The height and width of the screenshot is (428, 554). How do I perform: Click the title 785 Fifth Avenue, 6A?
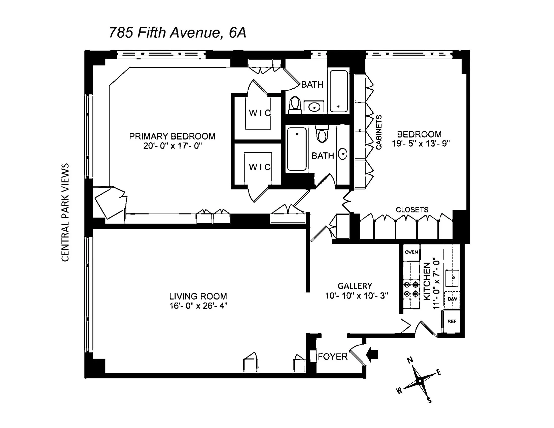177,33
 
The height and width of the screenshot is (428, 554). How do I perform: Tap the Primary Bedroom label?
172,136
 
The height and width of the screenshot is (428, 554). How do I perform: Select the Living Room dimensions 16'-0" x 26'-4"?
198,306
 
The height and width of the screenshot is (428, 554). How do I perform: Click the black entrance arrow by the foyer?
372,354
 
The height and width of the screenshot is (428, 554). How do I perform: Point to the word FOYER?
333,357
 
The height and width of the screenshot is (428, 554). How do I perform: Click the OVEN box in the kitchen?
411,252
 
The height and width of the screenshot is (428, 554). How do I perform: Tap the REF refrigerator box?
452,322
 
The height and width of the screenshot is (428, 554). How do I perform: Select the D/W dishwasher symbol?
452,299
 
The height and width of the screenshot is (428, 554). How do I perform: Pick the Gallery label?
355,286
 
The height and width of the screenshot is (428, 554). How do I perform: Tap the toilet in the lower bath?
322,134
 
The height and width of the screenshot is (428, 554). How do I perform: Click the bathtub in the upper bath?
339,91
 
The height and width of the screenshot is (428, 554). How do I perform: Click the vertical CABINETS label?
378,132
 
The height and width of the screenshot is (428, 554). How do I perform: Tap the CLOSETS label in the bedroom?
412,210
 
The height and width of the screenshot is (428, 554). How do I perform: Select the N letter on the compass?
410,360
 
